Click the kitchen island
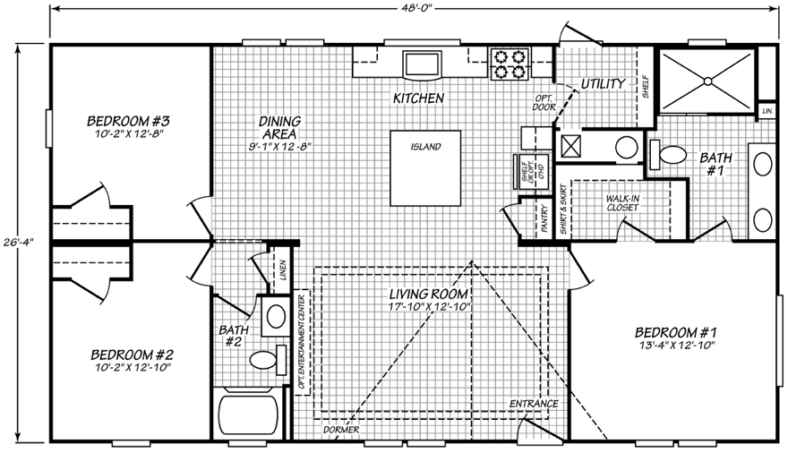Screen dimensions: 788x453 coord(425,168)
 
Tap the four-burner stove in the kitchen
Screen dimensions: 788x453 coord(510,64)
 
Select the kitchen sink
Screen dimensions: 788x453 coord(422,64)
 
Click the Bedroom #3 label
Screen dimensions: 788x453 coord(129,121)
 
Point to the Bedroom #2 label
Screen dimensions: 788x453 coord(133,355)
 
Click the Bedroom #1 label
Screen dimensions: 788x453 coord(675,332)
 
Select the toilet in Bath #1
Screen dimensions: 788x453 coord(667,154)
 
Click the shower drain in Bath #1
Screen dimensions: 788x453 coord(707,81)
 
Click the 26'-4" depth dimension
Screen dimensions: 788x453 coord(17,237)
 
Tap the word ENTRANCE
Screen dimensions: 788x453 coord(534,404)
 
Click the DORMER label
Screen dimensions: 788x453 coord(341,430)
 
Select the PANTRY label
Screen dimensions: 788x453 coord(544,218)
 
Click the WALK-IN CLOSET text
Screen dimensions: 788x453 coord(622,203)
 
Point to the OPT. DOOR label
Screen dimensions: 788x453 coord(544,102)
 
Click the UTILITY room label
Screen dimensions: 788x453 coord(603,84)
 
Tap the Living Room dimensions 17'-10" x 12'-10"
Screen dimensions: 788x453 coord(429,306)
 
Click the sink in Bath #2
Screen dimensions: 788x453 coord(276,316)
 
